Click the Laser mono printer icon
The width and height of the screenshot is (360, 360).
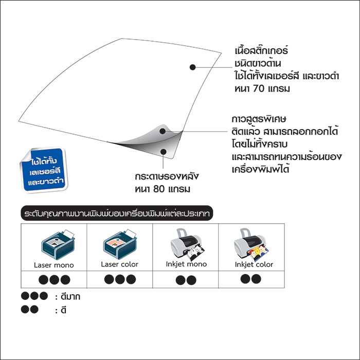[x=58, y=245]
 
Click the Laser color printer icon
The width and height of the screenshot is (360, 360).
[x=120, y=244]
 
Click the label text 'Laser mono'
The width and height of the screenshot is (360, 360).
[x=53, y=265]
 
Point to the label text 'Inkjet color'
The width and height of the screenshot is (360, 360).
[x=254, y=264]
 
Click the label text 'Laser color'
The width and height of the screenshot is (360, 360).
[x=120, y=264]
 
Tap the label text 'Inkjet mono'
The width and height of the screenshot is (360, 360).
[x=186, y=264]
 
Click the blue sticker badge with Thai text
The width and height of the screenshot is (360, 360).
[x=44, y=170]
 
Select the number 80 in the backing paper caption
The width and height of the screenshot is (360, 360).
[x=159, y=189]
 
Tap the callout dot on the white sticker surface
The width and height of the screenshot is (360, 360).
[x=193, y=67]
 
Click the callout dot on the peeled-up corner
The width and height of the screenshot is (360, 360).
[x=163, y=131]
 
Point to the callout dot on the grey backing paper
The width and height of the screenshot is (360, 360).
[x=164, y=152]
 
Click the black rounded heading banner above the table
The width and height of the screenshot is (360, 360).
[x=117, y=213]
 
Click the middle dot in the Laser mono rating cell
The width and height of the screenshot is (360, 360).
[x=55, y=280]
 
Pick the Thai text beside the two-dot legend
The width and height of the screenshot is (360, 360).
[x=64, y=311]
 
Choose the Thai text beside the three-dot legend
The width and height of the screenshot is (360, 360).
[x=70, y=297]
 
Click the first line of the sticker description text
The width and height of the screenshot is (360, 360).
[x=261, y=51]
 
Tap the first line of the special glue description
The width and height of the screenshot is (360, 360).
[x=259, y=119]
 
